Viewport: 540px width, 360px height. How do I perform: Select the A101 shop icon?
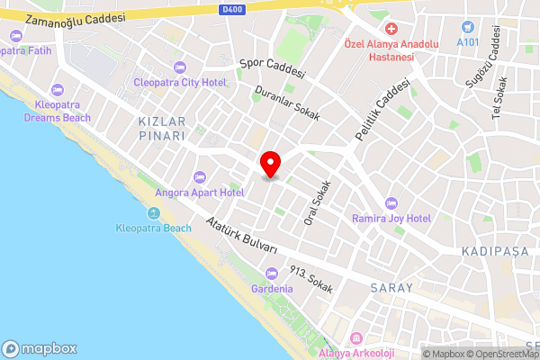(x=467, y=27)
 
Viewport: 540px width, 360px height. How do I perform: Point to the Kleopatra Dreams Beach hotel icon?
(x=58, y=90)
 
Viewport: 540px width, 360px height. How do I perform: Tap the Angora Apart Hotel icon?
(x=200, y=176)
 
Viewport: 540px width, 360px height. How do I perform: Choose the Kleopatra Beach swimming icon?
(x=153, y=213)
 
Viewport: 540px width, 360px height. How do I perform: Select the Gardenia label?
(x=272, y=289)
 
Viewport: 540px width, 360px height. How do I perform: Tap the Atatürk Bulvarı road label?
(x=240, y=236)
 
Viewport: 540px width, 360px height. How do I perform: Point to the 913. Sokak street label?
(x=310, y=281)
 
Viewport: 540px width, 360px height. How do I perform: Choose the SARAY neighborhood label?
(x=391, y=288)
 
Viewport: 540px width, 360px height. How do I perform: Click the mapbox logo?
(x=40, y=348)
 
